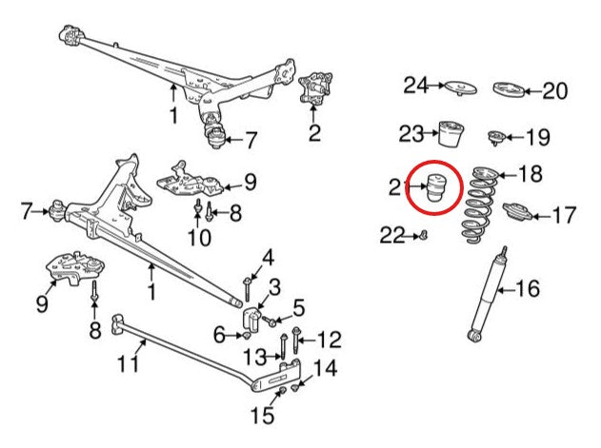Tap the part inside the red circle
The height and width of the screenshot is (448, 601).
tap(434, 186)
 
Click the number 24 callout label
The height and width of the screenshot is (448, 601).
tap(415, 86)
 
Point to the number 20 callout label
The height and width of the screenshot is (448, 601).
tap(555, 91)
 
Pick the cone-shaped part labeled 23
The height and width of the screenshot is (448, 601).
tap(451, 133)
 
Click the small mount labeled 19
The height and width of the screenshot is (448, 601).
tap(496, 138)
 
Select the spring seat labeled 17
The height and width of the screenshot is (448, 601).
tap(517, 211)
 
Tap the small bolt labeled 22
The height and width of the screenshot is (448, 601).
tap(424, 235)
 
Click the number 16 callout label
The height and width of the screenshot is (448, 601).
tap(528, 288)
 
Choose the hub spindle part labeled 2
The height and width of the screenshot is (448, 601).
tap(315, 88)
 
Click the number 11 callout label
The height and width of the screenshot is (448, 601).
tap(128, 363)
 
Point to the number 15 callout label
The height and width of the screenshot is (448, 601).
tap(263, 415)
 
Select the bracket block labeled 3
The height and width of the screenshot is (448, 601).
tap(251, 318)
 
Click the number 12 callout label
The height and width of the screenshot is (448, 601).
tap(330, 339)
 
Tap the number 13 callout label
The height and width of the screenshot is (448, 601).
tap(255, 358)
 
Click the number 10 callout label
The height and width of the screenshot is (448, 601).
tap(199, 238)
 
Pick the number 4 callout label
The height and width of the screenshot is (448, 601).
tap(268, 258)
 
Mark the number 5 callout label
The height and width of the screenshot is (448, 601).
tap(298, 307)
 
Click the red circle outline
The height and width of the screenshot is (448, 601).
tap(434, 161)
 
